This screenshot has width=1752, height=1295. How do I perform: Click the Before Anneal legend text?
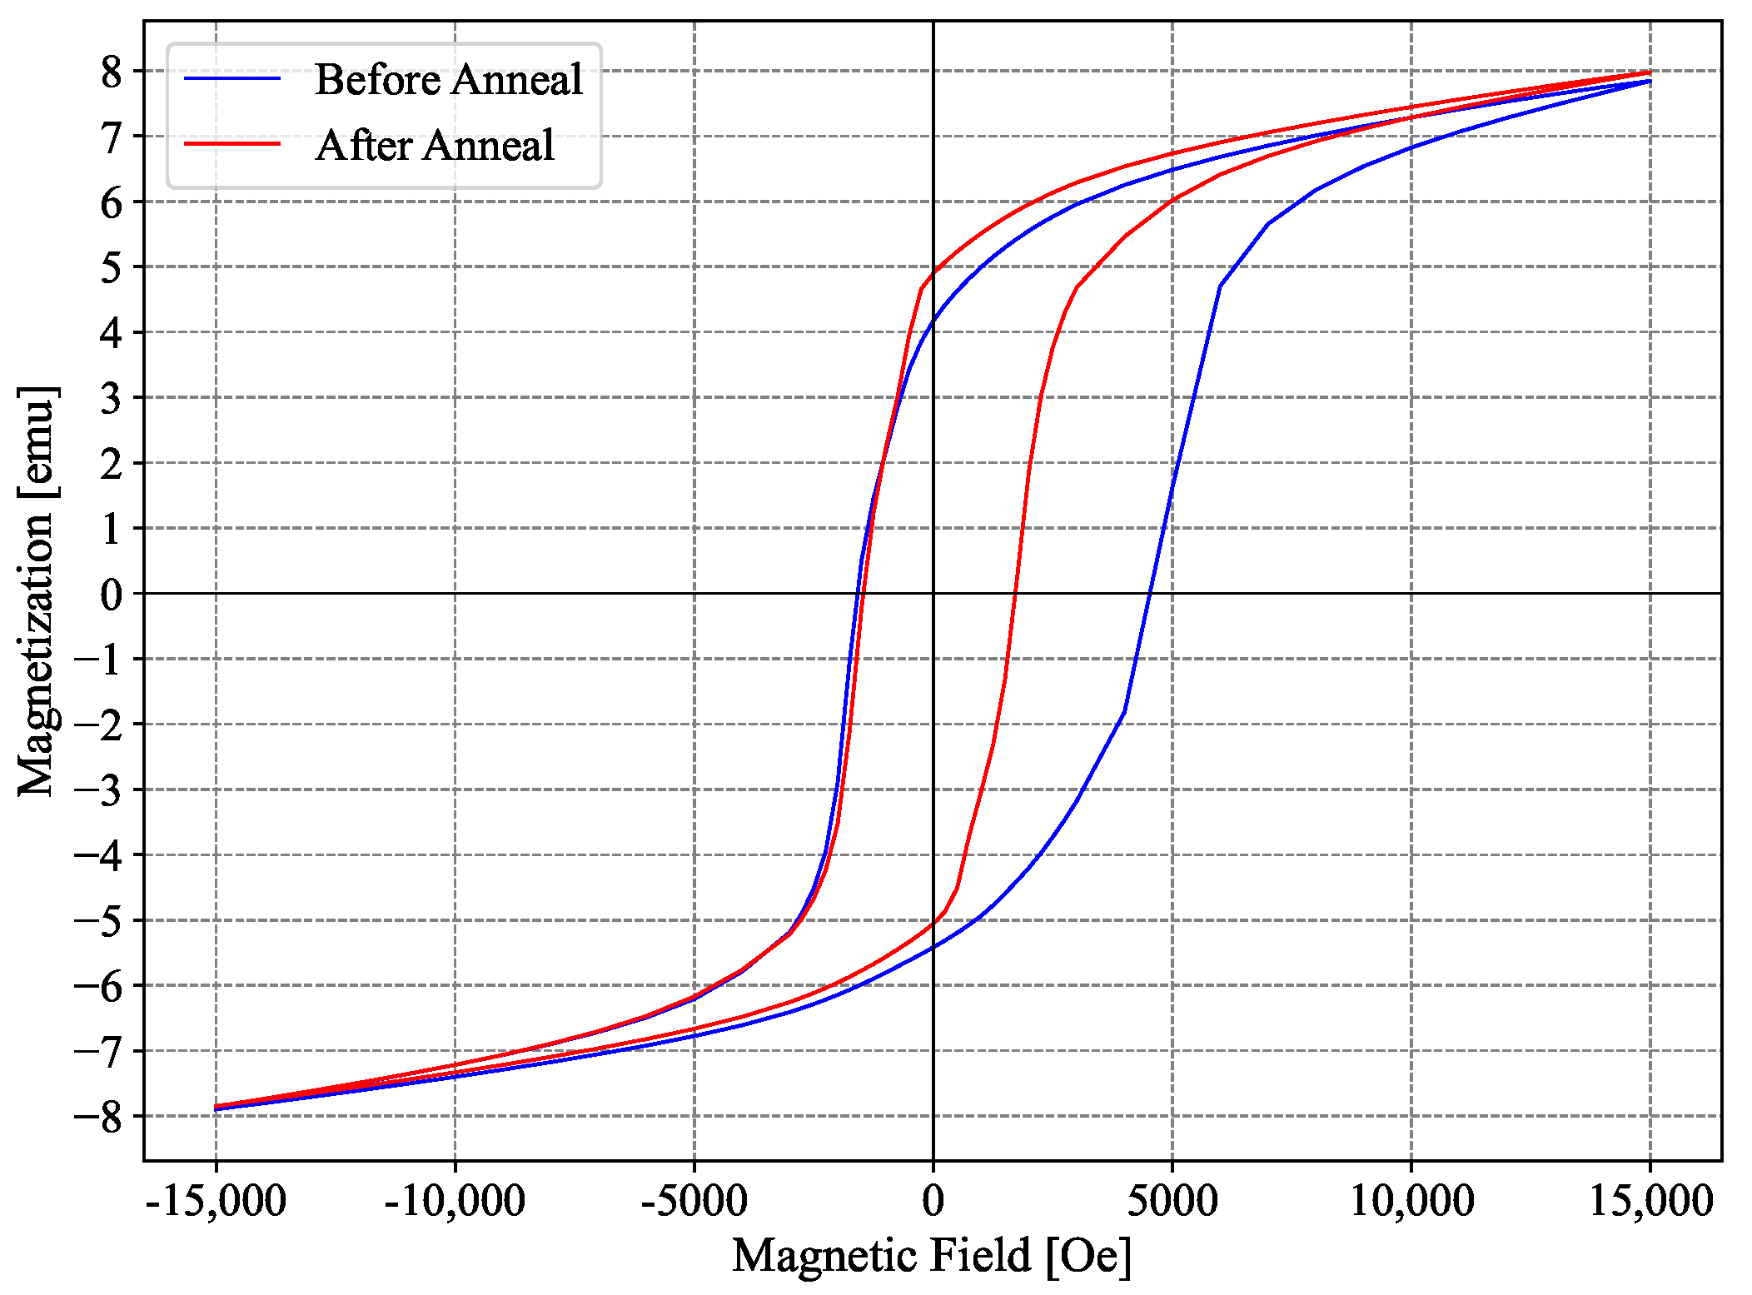coord(448,80)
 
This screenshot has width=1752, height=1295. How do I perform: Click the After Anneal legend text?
coord(435,146)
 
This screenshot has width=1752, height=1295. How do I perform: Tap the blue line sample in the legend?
coord(232,78)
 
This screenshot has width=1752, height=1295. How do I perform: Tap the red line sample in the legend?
coord(232,144)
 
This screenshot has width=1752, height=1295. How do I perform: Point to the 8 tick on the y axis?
coord(112,72)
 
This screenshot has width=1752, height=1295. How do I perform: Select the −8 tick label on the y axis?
coord(98,1117)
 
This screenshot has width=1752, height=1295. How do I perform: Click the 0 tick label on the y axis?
coord(112,595)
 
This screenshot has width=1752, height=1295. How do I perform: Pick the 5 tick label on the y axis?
coord(112,268)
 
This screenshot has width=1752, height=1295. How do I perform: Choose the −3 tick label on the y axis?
coord(98,790)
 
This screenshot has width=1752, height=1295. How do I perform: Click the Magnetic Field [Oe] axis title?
coord(932,1255)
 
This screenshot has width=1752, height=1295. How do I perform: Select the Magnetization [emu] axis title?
coord(37,591)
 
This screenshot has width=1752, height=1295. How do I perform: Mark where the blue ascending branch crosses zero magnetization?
coord(1150,593)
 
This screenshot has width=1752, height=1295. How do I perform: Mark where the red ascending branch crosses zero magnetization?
coord(1015,593)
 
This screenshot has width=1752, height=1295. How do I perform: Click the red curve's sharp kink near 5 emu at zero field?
coord(921,288)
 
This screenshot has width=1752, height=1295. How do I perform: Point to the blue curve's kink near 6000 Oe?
coord(1220,286)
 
